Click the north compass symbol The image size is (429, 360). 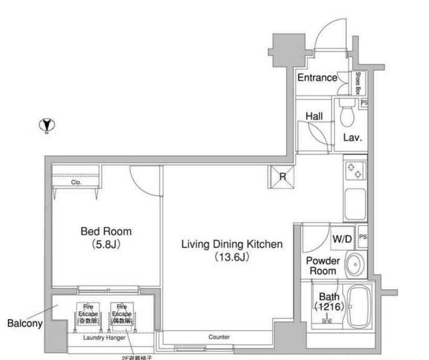48,125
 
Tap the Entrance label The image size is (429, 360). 317,78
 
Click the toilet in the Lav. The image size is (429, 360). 347,112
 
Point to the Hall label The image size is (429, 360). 314,116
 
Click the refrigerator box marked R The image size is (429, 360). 282,176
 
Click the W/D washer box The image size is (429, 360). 342,239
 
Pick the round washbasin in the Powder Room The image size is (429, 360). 356,266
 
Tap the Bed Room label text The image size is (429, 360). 106,231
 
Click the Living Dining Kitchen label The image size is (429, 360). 232,245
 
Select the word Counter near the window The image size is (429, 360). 219,337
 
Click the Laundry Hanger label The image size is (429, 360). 104,338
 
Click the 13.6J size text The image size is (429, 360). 231,258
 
